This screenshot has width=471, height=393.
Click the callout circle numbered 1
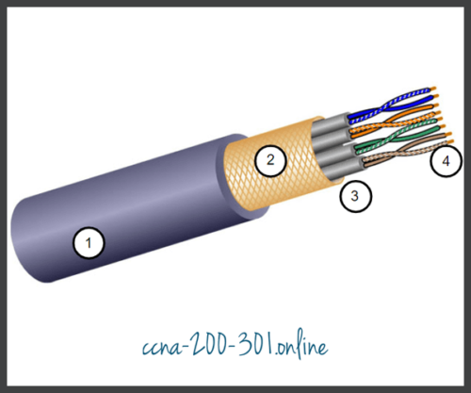tap(89, 244)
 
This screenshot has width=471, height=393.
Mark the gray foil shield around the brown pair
tap(330, 170)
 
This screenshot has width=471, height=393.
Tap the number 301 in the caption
tap(262, 346)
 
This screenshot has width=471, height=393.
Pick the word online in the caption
tap(307, 346)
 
